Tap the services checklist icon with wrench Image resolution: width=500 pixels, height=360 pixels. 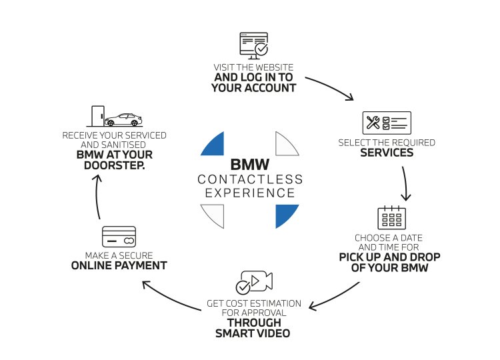387,123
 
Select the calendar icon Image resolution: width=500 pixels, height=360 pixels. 391,218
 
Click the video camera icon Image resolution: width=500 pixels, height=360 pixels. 254,282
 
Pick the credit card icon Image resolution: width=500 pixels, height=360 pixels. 119,237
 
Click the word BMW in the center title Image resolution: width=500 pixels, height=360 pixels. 249,164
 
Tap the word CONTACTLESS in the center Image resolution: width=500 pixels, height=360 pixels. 250,179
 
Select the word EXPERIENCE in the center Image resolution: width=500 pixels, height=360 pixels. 250,193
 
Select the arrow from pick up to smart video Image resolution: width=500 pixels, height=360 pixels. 336,297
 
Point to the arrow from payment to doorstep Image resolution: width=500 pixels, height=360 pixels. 97,197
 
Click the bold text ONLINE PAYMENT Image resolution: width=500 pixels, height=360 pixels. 119,265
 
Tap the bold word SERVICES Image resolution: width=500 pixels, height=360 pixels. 387,153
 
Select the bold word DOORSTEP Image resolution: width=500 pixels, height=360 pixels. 114,166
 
